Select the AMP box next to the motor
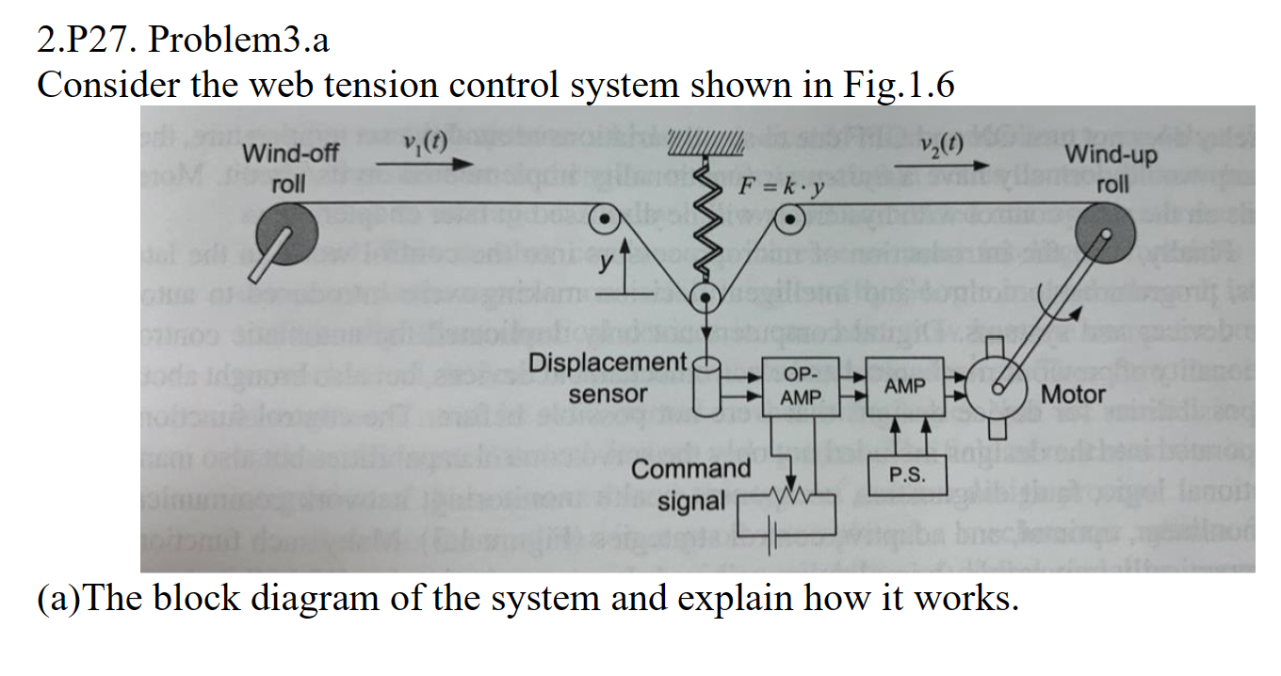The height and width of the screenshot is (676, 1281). tap(905, 386)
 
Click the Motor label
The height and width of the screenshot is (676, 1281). tap(1075, 394)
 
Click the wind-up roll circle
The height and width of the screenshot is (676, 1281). tap(1106, 234)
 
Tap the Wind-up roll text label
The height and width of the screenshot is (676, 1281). tap(1111, 168)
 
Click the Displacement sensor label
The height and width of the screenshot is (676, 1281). tap(608, 378)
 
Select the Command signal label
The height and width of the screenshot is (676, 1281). tap(691, 484)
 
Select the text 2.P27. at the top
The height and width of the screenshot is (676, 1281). tap(87, 40)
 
